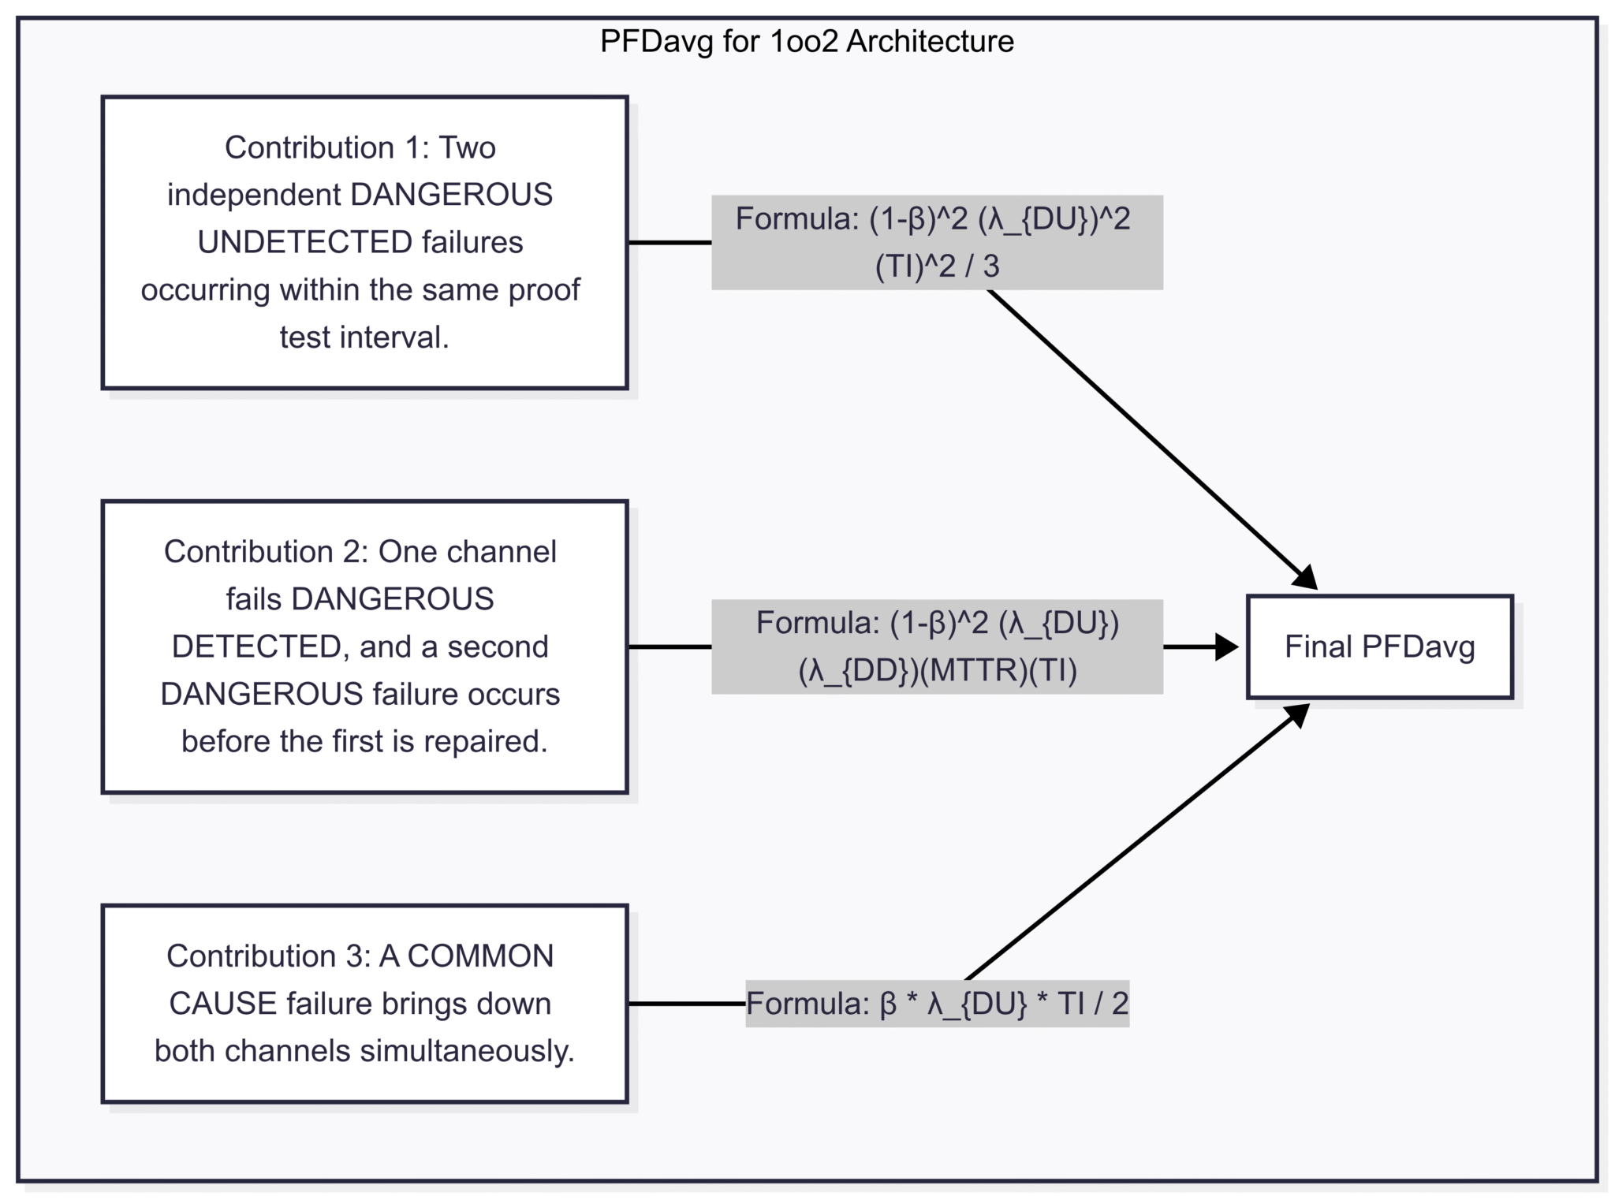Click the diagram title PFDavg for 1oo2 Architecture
[807, 41]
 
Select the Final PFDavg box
[1379, 647]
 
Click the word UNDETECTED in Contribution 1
[304, 242]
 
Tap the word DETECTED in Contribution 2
[255, 647]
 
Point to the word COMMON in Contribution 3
[480, 956]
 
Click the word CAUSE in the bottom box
[223, 1003]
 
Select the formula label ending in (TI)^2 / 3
[936, 242]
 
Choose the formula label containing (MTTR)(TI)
[936, 647]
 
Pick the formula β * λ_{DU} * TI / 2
[937, 1003]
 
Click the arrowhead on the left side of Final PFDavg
[1226, 647]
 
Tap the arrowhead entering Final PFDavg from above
[1306, 578]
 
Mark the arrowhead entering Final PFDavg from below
[1298, 714]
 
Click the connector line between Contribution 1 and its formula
[669, 242]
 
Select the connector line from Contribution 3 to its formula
[686, 1003]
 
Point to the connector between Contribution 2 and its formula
[669, 647]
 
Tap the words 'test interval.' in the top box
[364, 337]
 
